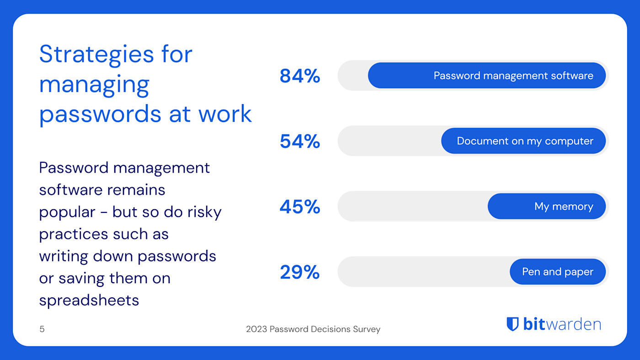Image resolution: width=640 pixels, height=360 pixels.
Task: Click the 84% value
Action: coord(299,76)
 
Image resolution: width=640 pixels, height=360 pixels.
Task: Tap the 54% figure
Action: coord(299,142)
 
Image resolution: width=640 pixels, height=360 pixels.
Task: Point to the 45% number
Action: coord(299,207)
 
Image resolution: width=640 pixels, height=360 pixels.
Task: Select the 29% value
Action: coord(299,272)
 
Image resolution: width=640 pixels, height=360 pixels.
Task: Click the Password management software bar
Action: coord(486,75)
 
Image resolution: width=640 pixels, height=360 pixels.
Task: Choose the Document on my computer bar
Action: coord(523,141)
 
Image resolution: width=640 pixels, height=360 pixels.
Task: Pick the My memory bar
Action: coord(546,206)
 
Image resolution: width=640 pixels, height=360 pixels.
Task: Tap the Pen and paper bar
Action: coord(557,272)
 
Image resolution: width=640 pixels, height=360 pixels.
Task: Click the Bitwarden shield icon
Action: coord(512,324)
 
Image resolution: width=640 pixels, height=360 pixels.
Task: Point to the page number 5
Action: coord(42,329)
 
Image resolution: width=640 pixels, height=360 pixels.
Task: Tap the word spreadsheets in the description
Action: coord(89,300)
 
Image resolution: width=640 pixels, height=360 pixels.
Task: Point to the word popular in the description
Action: coord(67,212)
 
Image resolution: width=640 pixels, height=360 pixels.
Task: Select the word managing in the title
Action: coord(94,85)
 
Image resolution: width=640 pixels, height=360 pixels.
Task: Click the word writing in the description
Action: coord(64,256)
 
